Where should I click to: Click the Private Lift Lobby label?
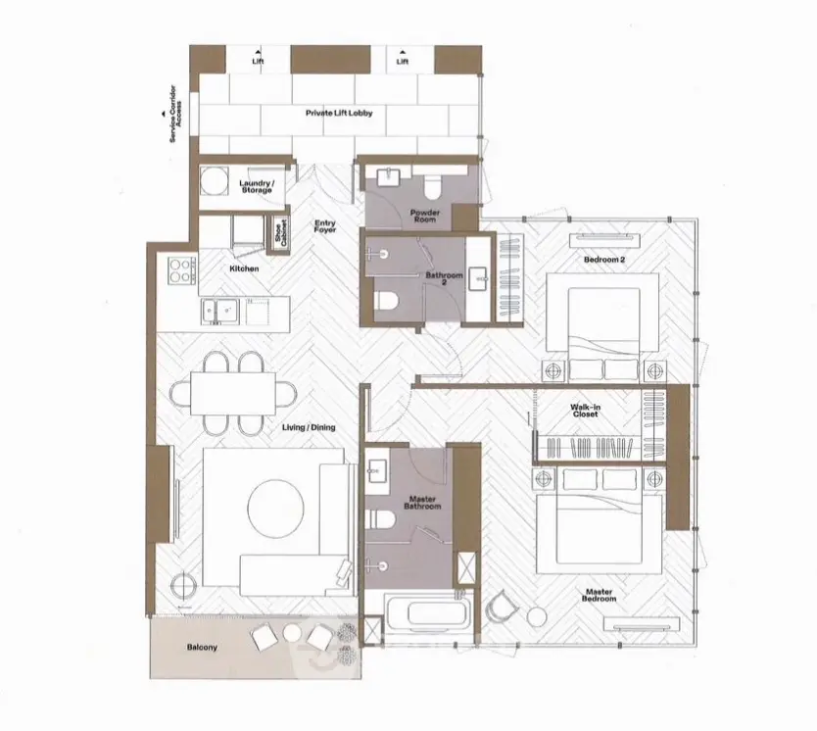pyautogui.click(x=339, y=113)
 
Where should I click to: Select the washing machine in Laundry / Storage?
pyautogui.click(x=215, y=181)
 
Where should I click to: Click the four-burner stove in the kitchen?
pyautogui.click(x=180, y=269)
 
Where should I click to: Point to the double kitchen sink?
pyautogui.click(x=219, y=312)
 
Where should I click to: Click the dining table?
pyautogui.click(x=233, y=393)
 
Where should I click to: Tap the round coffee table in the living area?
pyautogui.click(x=275, y=505)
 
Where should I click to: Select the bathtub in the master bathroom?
pyautogui.click(x=428, y=613)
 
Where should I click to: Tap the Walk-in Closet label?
pyautogui.click(x=585, y=411)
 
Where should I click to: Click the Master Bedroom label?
pyautogui.click(x=600, y=596)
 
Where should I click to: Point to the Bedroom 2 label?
pyautogui.click(x=604, y=260)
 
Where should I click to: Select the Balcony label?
pyautogui.click(x=202, y=648)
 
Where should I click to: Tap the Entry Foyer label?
pyautogui.click(x=324, y=226)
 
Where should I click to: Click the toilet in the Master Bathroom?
pyautogui.click(x=378, y=519)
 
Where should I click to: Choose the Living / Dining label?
pyautogui.click(x=309, y=428)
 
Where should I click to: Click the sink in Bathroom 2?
pyautogui.click(x=478, y=278)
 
